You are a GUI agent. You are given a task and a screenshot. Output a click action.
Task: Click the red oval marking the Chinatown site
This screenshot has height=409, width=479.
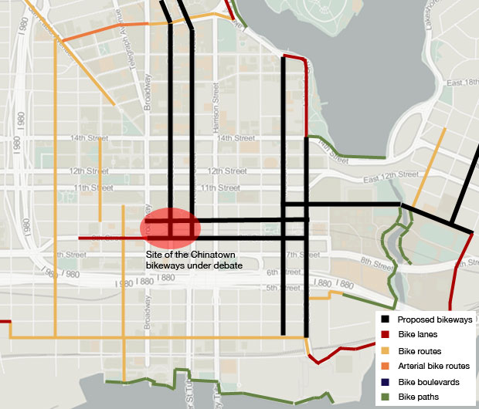click(170, 227)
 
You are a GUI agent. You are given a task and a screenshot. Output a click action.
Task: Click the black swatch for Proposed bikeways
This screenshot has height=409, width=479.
click(385, 319)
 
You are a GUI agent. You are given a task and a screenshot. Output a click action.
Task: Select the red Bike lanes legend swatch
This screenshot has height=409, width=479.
click(385, 334)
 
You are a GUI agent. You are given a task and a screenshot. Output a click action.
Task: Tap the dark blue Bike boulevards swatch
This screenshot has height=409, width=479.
click(385, 381)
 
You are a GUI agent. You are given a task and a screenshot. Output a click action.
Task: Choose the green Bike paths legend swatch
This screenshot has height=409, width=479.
click(385, 397)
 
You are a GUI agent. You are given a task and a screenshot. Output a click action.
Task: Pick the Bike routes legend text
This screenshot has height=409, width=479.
click(420, 350)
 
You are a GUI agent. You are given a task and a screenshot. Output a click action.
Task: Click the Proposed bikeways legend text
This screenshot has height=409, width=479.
click(434, 319)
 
